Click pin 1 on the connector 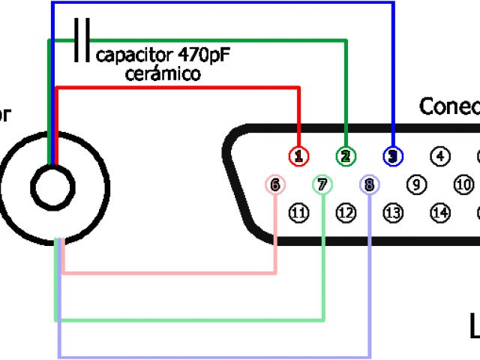(299, 156)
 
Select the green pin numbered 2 (346, 156)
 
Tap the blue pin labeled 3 (393, 156)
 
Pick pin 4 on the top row (440, 156)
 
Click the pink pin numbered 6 (276, 184)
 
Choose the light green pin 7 (322, 184)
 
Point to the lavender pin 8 (370, 184)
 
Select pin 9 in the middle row (417, 184)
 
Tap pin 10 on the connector (463, 184)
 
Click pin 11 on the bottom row (299, 214)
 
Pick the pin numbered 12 (346, 214)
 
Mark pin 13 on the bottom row (393, 214)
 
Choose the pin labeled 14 (440, 214)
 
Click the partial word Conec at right (448, 106)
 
